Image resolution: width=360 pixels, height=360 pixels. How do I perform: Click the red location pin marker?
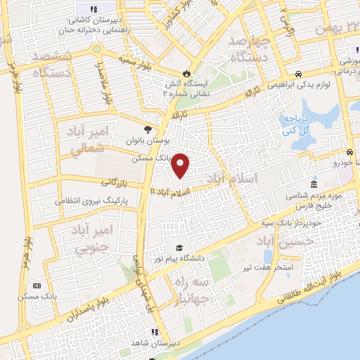pos(181,165)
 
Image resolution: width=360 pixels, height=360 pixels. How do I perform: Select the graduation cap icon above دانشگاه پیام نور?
pos(181,248)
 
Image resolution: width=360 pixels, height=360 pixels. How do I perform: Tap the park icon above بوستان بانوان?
pos(148,129)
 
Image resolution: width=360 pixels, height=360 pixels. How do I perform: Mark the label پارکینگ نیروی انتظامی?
pos(91,201)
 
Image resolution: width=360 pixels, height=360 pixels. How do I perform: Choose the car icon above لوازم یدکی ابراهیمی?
pos(300,75)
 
